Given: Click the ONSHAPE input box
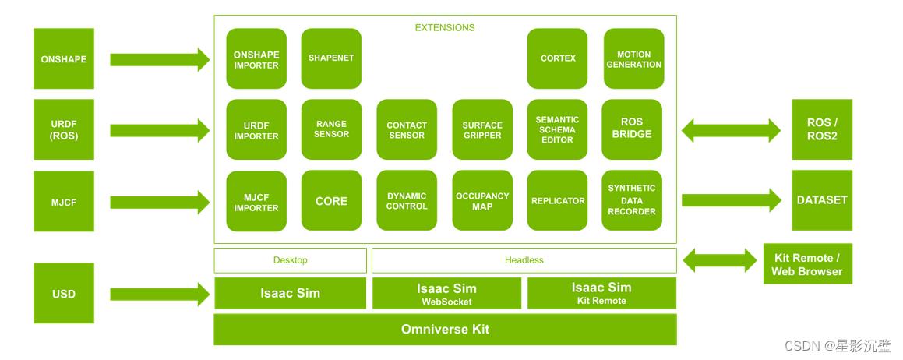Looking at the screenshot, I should point(64,59).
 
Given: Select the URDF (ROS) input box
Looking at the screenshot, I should point(64,130).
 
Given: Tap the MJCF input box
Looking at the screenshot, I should point(64,203).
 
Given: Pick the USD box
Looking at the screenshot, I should point(64,294).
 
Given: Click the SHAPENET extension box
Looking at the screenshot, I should point(331,58).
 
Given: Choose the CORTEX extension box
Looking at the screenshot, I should point(558,58).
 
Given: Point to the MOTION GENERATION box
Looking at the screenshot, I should point(633,59).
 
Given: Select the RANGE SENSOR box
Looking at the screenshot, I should point(331,129).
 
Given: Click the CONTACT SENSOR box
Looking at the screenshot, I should point(407,130).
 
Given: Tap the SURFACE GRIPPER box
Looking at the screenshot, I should point(482,130).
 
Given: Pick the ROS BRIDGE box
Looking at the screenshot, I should point(632,129).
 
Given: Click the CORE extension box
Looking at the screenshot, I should point(331,201).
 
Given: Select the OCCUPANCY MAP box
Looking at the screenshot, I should point(482,201).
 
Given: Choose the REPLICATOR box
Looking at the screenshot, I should point(558,201).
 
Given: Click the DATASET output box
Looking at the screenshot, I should point(822,200).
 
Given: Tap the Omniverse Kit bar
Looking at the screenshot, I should point(445,330).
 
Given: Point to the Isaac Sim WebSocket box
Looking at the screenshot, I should point(446,294).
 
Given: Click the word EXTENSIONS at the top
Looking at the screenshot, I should point(445,27).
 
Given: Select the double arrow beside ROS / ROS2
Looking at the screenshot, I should point(731,130).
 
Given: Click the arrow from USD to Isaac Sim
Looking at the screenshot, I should point(160,294).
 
